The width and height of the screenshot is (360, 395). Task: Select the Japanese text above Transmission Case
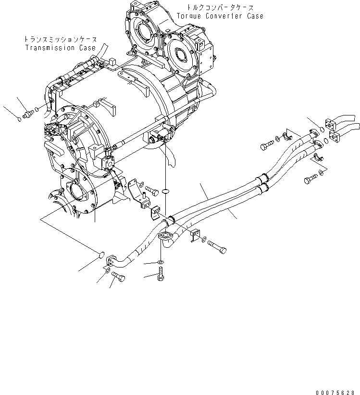(61, 39)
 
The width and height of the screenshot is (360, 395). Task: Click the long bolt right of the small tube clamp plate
(219, 248)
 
